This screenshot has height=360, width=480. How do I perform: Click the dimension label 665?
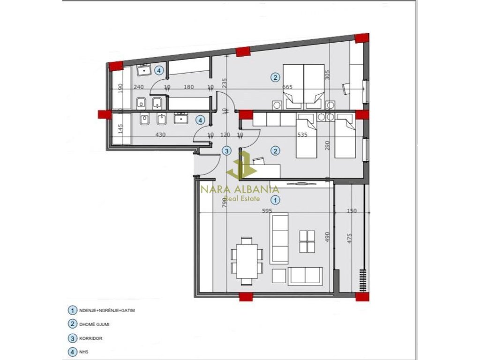pos(288,87)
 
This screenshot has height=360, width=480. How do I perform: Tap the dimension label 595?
pos(267,211)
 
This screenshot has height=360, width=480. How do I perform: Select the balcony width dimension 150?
pos(351,211)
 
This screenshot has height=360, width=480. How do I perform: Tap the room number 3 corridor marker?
pos(226,151)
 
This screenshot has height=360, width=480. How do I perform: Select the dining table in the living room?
pos(247,261)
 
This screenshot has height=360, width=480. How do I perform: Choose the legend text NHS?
pos(86,352)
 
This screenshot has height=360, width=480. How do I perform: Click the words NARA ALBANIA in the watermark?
pos(240,189)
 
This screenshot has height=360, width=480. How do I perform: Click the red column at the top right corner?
pos(361,38)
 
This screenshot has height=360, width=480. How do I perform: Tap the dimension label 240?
pos(139,87)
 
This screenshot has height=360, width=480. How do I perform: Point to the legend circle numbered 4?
pos(72,352)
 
